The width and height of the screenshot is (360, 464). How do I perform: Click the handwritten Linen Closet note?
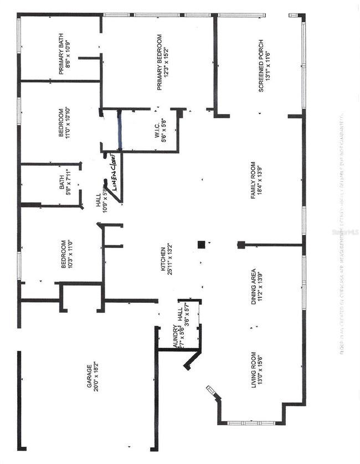coord(115,174)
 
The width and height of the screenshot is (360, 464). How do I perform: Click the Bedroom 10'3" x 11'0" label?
coord(66,255)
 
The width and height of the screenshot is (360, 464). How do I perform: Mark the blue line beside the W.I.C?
coord(120,131)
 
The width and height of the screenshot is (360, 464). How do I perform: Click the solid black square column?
coord(202,244)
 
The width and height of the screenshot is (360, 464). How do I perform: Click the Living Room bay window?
coord(252,422)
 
